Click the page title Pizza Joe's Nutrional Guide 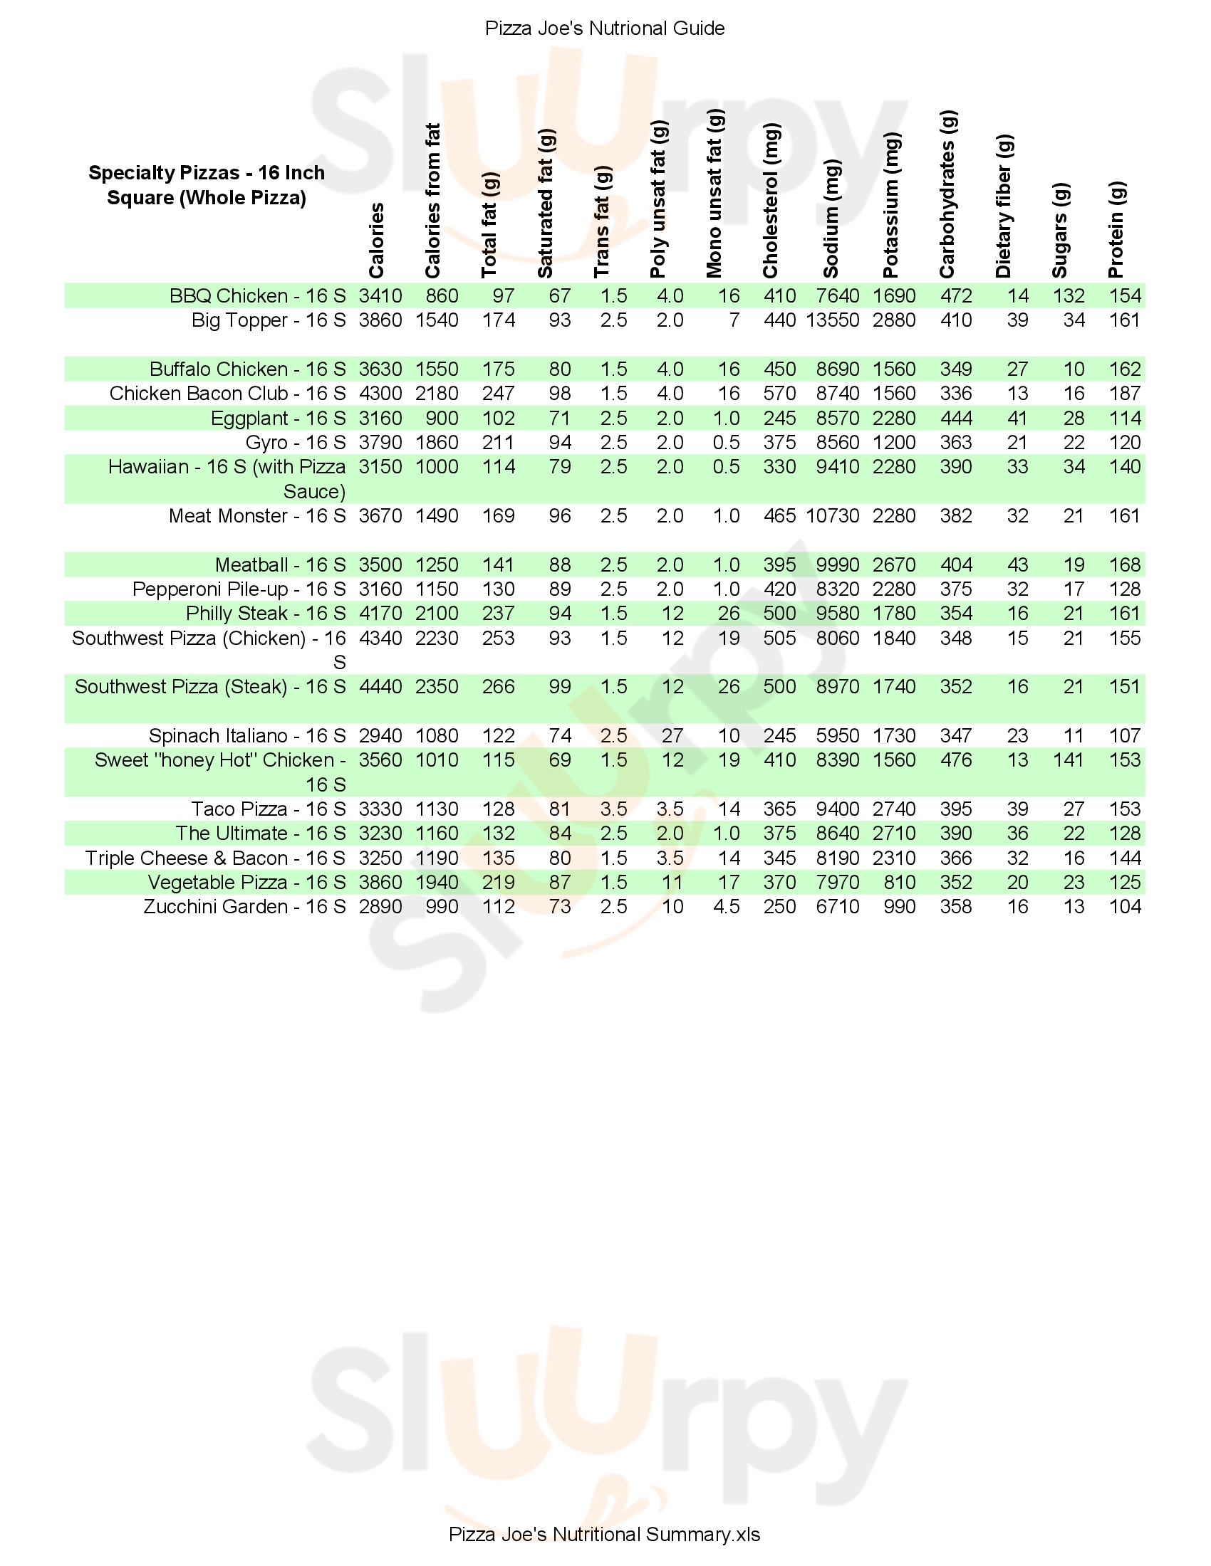605,28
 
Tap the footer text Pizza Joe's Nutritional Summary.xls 604,1534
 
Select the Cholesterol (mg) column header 771,201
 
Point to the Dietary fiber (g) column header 1004,206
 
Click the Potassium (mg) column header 890,205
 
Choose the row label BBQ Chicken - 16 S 258,296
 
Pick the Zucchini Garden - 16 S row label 244,907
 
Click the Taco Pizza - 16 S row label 269,809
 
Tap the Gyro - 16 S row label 296,443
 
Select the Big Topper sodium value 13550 832,320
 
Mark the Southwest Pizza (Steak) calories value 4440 380,687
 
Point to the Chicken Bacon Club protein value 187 1124,394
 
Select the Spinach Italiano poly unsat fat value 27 672,736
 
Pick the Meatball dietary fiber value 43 1017,565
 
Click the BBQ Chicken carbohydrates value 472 955,296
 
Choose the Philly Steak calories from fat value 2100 436,614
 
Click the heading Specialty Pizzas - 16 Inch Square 207,185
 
